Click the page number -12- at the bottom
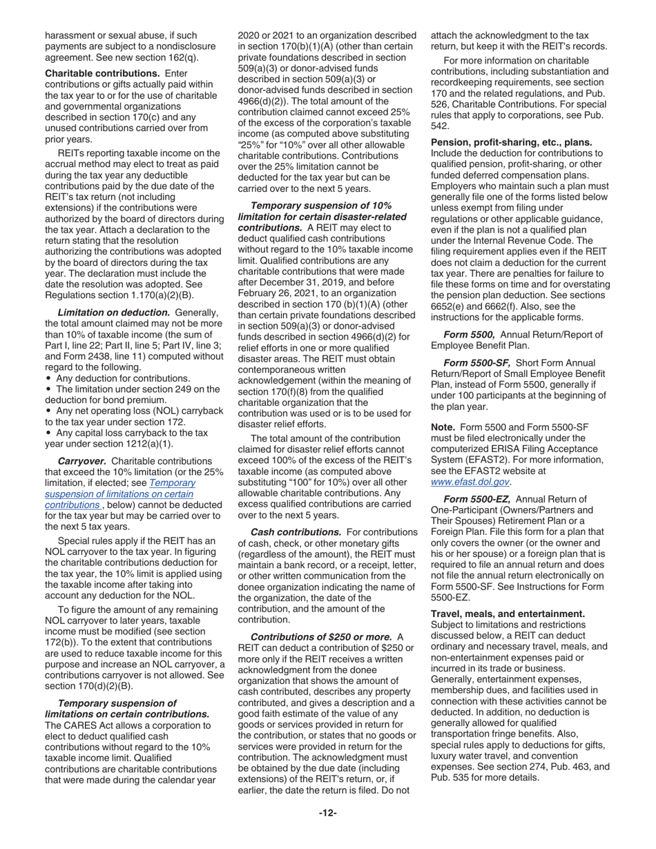point(327,812)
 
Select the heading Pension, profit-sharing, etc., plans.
point(512,142)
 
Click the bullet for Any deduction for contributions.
point(48,378)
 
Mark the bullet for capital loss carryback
point(48,433)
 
